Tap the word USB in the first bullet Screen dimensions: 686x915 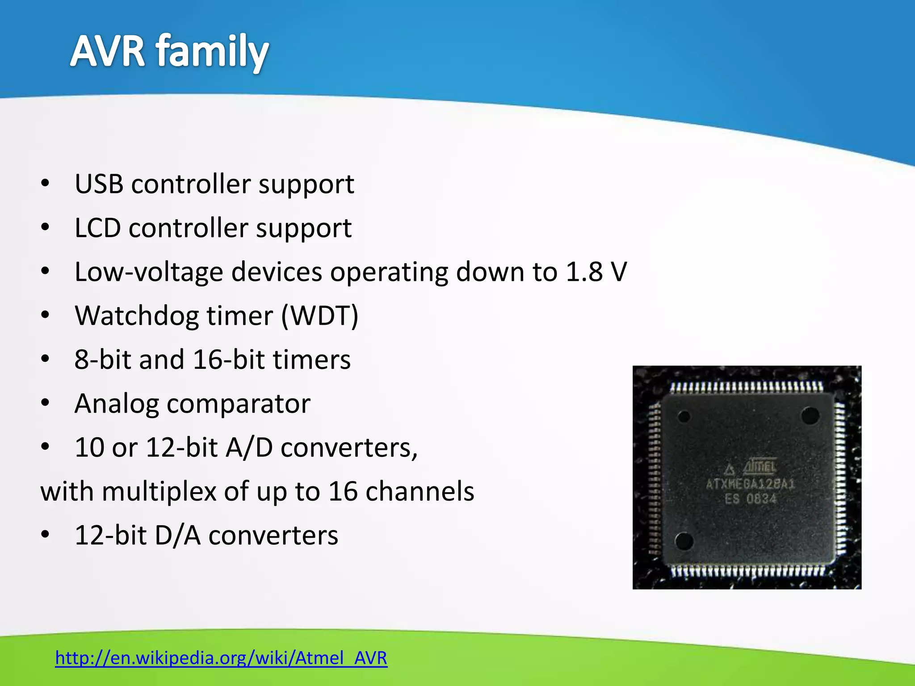point(99,184)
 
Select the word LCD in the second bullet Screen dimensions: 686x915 point(97,228)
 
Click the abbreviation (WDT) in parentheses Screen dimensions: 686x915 point(320,316)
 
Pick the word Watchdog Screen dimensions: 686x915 point(136,316)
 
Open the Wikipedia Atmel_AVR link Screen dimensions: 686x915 point(221,658)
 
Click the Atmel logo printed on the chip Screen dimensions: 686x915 point(760,467)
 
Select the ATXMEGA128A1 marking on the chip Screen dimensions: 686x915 point(751,484)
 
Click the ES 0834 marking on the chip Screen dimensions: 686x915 point(751,498)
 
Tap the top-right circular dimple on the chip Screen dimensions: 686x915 point(810,416)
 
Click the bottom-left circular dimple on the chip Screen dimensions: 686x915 point(684,541)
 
